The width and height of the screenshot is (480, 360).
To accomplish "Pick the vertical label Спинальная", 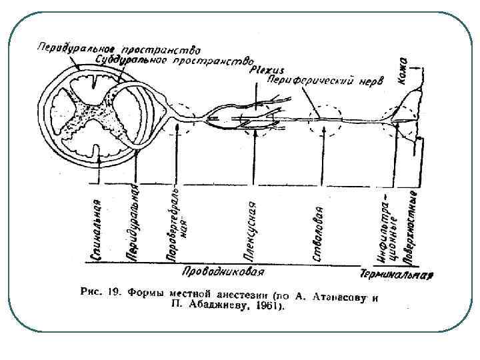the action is coord(98,227).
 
